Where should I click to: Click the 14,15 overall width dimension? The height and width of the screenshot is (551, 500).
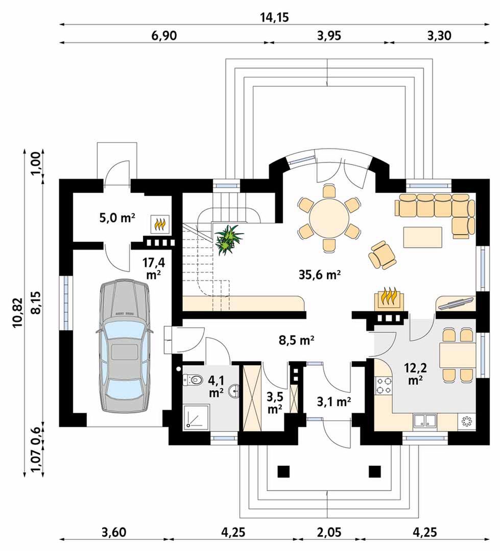tap(275, 17)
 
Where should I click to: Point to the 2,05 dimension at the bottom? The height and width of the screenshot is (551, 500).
tap(328, 532)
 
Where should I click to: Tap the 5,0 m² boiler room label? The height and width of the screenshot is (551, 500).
tap(117, 219)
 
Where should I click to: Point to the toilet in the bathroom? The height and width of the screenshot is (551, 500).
tap(193, 380)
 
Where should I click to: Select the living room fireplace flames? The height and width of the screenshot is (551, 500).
tap(389, 297)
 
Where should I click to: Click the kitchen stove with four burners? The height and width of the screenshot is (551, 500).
tap(383, 386)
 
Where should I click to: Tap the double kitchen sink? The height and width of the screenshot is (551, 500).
tap(424, 421)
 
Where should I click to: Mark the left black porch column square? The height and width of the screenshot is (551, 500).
tap(283, 471)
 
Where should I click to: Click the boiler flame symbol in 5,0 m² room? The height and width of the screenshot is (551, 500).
tap(160, 223)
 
